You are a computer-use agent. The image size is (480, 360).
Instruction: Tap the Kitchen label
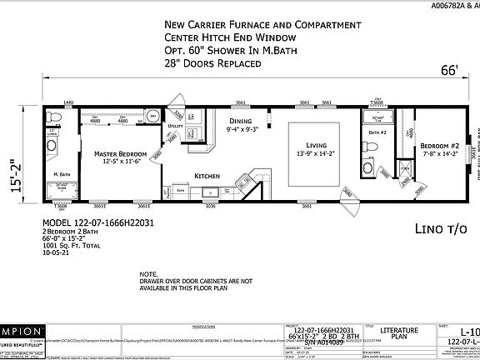pyautogui.click(x=207, y=177)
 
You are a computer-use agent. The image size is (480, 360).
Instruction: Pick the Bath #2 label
pyautogui.click(x=377, y=132)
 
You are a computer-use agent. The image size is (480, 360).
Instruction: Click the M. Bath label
pyautogui.click(x=62, y=173)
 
